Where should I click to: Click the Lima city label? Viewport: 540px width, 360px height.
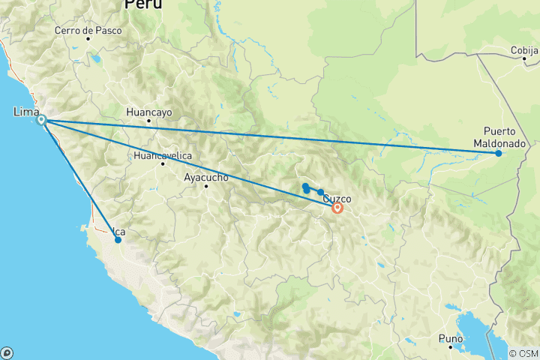coord(26,112)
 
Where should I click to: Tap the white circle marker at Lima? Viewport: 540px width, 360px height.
coord(42,120)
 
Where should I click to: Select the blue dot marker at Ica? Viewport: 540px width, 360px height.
coord(118,240)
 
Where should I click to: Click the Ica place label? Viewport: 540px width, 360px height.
coord(118,232)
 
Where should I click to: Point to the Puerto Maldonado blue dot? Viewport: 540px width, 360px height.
coord(498,154)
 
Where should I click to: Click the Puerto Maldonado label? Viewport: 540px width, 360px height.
coord(499,136)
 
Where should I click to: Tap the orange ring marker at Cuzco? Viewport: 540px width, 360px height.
coord(337,208)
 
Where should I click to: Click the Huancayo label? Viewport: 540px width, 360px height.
coord(149,112)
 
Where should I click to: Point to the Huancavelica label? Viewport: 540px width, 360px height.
coord(163,155)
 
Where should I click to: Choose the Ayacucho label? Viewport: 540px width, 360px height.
coord(205,178)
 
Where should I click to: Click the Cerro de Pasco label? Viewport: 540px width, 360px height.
coord(88,31)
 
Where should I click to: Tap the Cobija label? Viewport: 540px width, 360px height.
coord(524,49)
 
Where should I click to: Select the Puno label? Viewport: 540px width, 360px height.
coord(450,338)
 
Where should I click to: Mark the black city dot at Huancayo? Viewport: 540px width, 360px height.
coord(149,121)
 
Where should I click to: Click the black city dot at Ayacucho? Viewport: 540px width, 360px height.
coord(206,186)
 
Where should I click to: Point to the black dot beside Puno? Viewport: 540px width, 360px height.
coord(450,347)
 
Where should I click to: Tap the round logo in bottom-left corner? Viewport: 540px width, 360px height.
coord(7,352)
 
